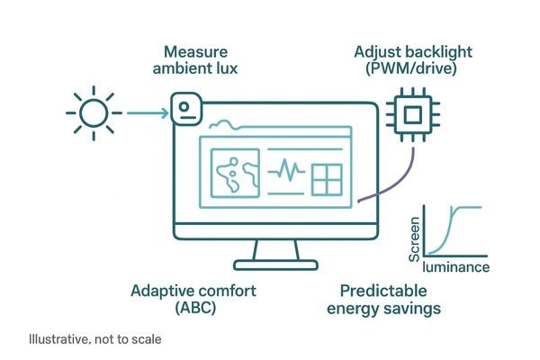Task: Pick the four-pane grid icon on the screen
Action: click(328, 180)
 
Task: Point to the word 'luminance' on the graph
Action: click(455, 267)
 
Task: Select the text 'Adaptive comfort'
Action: click(193, 291)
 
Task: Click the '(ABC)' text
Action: click(193, 308)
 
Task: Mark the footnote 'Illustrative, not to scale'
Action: click(94, 341)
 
